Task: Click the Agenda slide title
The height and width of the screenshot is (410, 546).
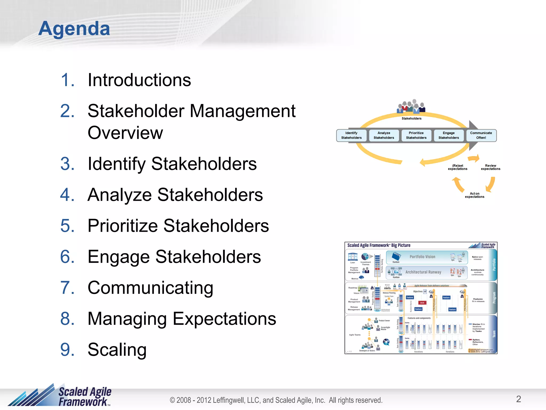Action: (x=74, y=28)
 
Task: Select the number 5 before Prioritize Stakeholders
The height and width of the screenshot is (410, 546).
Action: (x=67, y=226)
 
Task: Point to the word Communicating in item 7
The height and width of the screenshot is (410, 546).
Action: (x=150, y=288)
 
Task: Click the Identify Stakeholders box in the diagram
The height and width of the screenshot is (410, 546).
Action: (x=351, y=135)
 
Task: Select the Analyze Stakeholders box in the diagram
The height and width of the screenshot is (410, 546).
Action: (x=384, y=135)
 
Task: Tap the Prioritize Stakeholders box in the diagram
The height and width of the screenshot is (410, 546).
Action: (x=416, y=135)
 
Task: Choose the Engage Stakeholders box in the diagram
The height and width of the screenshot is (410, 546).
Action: (x=448, y=135)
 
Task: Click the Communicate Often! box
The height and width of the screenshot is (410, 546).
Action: (x=481, y=135)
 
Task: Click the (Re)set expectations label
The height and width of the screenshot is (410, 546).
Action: (x=457, y=167)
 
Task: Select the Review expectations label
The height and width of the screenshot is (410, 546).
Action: (x=491, y=167)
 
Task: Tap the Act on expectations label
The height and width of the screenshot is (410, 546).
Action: (x=475, y=195)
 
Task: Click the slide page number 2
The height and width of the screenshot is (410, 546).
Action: (x=519, y=399)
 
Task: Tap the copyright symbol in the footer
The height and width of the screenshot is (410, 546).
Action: (x=172, y=400)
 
